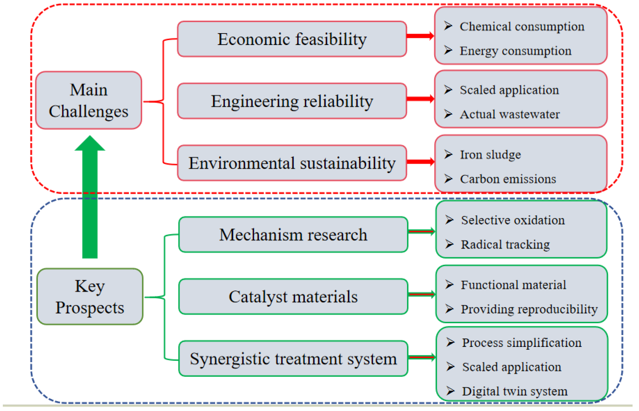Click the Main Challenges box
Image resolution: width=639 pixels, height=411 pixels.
(x=89, y=100)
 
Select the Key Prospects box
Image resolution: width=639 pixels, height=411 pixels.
(x=90, y=297)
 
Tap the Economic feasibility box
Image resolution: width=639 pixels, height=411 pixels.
(x=292, y=39)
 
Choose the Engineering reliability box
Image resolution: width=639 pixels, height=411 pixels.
(x=292, y=101)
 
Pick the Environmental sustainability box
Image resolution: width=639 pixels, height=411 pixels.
(x=292, y=163)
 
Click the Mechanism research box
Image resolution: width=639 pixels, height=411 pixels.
(x=293, y=235)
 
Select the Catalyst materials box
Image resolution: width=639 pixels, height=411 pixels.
(x=293, y=296)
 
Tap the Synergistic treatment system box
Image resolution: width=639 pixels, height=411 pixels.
(x=293, y=358)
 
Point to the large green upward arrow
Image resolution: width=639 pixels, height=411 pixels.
(x=90, y=197)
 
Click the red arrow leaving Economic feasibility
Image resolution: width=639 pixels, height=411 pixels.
(x=421, y=36)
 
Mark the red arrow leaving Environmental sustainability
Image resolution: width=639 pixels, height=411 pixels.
(x=421, y=161)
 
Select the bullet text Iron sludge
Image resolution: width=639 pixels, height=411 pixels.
(x=491, y=155)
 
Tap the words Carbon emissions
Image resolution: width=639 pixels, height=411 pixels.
(x=508, y=179)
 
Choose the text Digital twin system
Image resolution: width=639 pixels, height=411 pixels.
(x=515, y=391)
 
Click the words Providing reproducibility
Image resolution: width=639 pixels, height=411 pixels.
(x=529, y=309)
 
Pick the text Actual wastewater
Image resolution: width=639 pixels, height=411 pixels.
(x=510, y=115)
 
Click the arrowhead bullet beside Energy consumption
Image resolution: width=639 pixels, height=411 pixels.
(x=448, y=50)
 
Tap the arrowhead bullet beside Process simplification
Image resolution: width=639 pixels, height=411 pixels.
(x=450, y=342)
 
